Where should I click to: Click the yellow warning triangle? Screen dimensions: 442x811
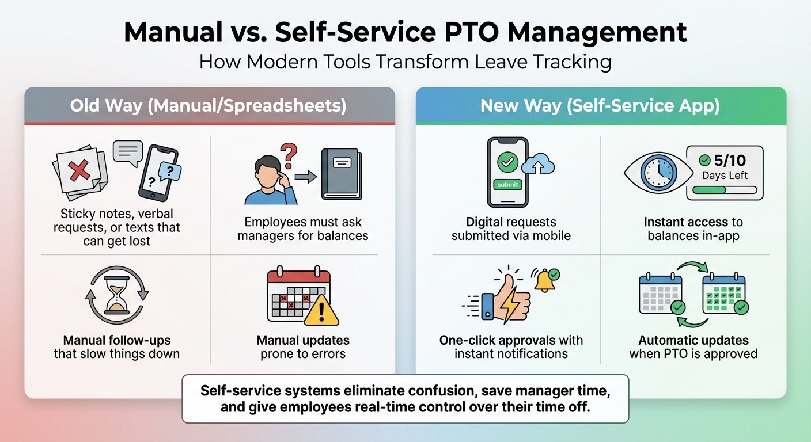[x=321, y=311]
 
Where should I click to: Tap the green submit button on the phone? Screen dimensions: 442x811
[x=507, y=185]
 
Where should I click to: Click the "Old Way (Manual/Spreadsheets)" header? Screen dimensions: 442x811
[x=209, y=106]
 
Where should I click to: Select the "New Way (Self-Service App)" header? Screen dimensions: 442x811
[x=600, y=106]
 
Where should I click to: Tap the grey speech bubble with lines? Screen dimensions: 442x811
[x=127, y=153]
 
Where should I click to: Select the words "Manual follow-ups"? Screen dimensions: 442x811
[x=117, y=340]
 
